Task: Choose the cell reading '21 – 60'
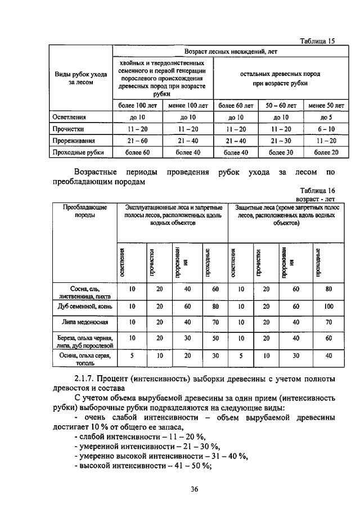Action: (137, 141)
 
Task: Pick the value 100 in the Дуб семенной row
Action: (328, 307)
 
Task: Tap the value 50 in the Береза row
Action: (214, 339)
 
